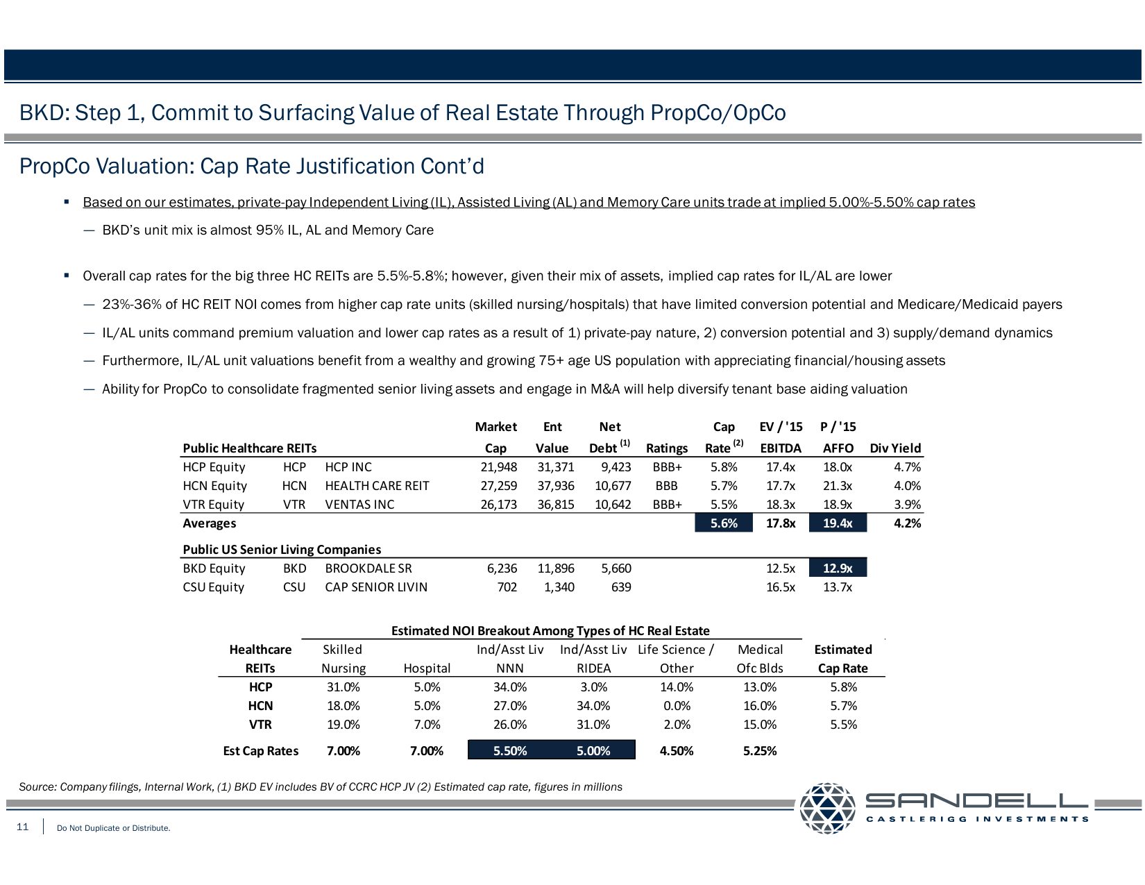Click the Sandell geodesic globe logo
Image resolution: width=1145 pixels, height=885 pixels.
pyautogui.click(x=827, y=808)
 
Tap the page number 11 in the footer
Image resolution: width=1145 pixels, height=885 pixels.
pyautogui.click(x=23, y=827)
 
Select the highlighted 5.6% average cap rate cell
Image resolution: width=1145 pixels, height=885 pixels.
pyautogui.click(x=724, y=523)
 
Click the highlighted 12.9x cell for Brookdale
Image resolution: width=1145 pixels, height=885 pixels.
pyautogui.click(x=838, y=568)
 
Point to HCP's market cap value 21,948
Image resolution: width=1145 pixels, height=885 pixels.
pyautogui.click(x=498, y=467)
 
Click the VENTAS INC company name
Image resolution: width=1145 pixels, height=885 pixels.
pyautogui.click(x=359, y=505)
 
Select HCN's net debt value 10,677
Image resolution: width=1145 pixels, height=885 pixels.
pyautogui.click(x=613, y=486)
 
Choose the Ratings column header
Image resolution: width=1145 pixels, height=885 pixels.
pyautogui.click(x=666, y=448)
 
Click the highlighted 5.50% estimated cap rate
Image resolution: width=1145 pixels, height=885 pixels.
pyautogui.click(x=510, y=750)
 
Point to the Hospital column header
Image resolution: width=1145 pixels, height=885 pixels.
pyautogui.click(x=427, y=668)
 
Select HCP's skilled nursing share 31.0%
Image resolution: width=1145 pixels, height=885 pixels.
pyautogui.click(x=343, y=687)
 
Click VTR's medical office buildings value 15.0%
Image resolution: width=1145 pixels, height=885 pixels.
pyautogui.click(x=760, y=725)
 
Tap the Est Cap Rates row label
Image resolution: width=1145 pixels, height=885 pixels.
pyautogui.click(x=261, y=751)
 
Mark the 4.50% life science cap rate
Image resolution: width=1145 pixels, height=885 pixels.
pyautogui.click(x=677, y=751)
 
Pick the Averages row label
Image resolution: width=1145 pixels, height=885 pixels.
pyautogui.click(x=210, y=523)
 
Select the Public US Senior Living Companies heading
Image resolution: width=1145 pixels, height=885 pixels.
pyautogui.click(x=282, y=550)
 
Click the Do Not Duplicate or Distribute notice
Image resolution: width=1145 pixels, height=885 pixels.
pyautogui.click(x=114, y=828)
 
